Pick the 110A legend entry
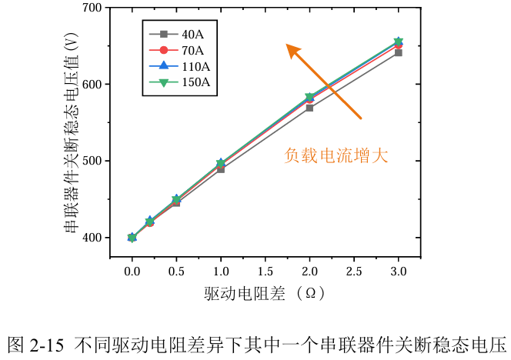click(x=179, y=66)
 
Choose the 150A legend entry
click(x=179, y=82)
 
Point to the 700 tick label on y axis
click(x=92, y=8)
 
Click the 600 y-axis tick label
click(x=92, y=84)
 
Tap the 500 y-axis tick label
click(x=92, y=161)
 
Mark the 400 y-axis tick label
click(x=92, y=238)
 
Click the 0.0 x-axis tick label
click(x=132, y=272)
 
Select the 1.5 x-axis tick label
click(x=265, y=272)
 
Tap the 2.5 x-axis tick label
click(x=354, y=272)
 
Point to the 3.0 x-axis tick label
click(x=398, y=272)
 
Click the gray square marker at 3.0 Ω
click(x=398, y=53)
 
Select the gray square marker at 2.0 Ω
click(x=309, y=108)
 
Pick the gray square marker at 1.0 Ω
click(x=221, y=169)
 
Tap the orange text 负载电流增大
click(x=336, y=155)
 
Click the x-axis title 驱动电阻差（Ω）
click(x=265, y=293)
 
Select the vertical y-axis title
click(x=72, y=132)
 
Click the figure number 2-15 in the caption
click(x=46, y=345)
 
